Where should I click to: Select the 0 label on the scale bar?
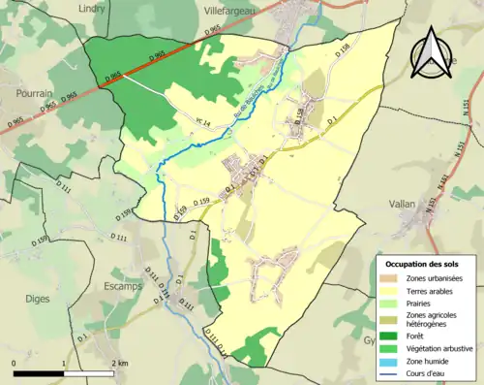[14, 363]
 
